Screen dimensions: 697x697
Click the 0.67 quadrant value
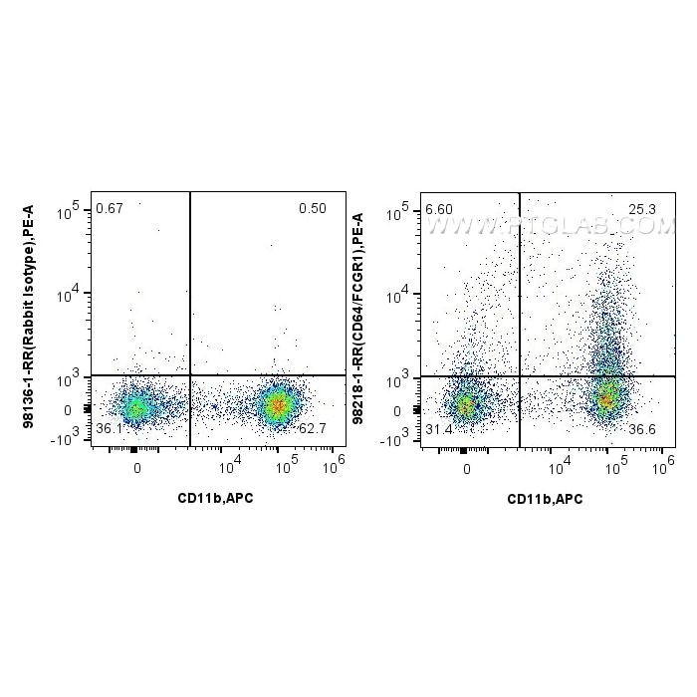point(109,208)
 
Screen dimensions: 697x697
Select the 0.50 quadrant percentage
point(312,208)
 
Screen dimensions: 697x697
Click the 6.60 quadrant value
point(438,209)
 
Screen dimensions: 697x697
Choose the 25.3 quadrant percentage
point(642,209)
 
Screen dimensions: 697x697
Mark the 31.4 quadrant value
point(438,429)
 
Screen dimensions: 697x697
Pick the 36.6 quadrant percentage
point(643,429)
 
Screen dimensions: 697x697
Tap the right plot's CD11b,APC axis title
point(544,498)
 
